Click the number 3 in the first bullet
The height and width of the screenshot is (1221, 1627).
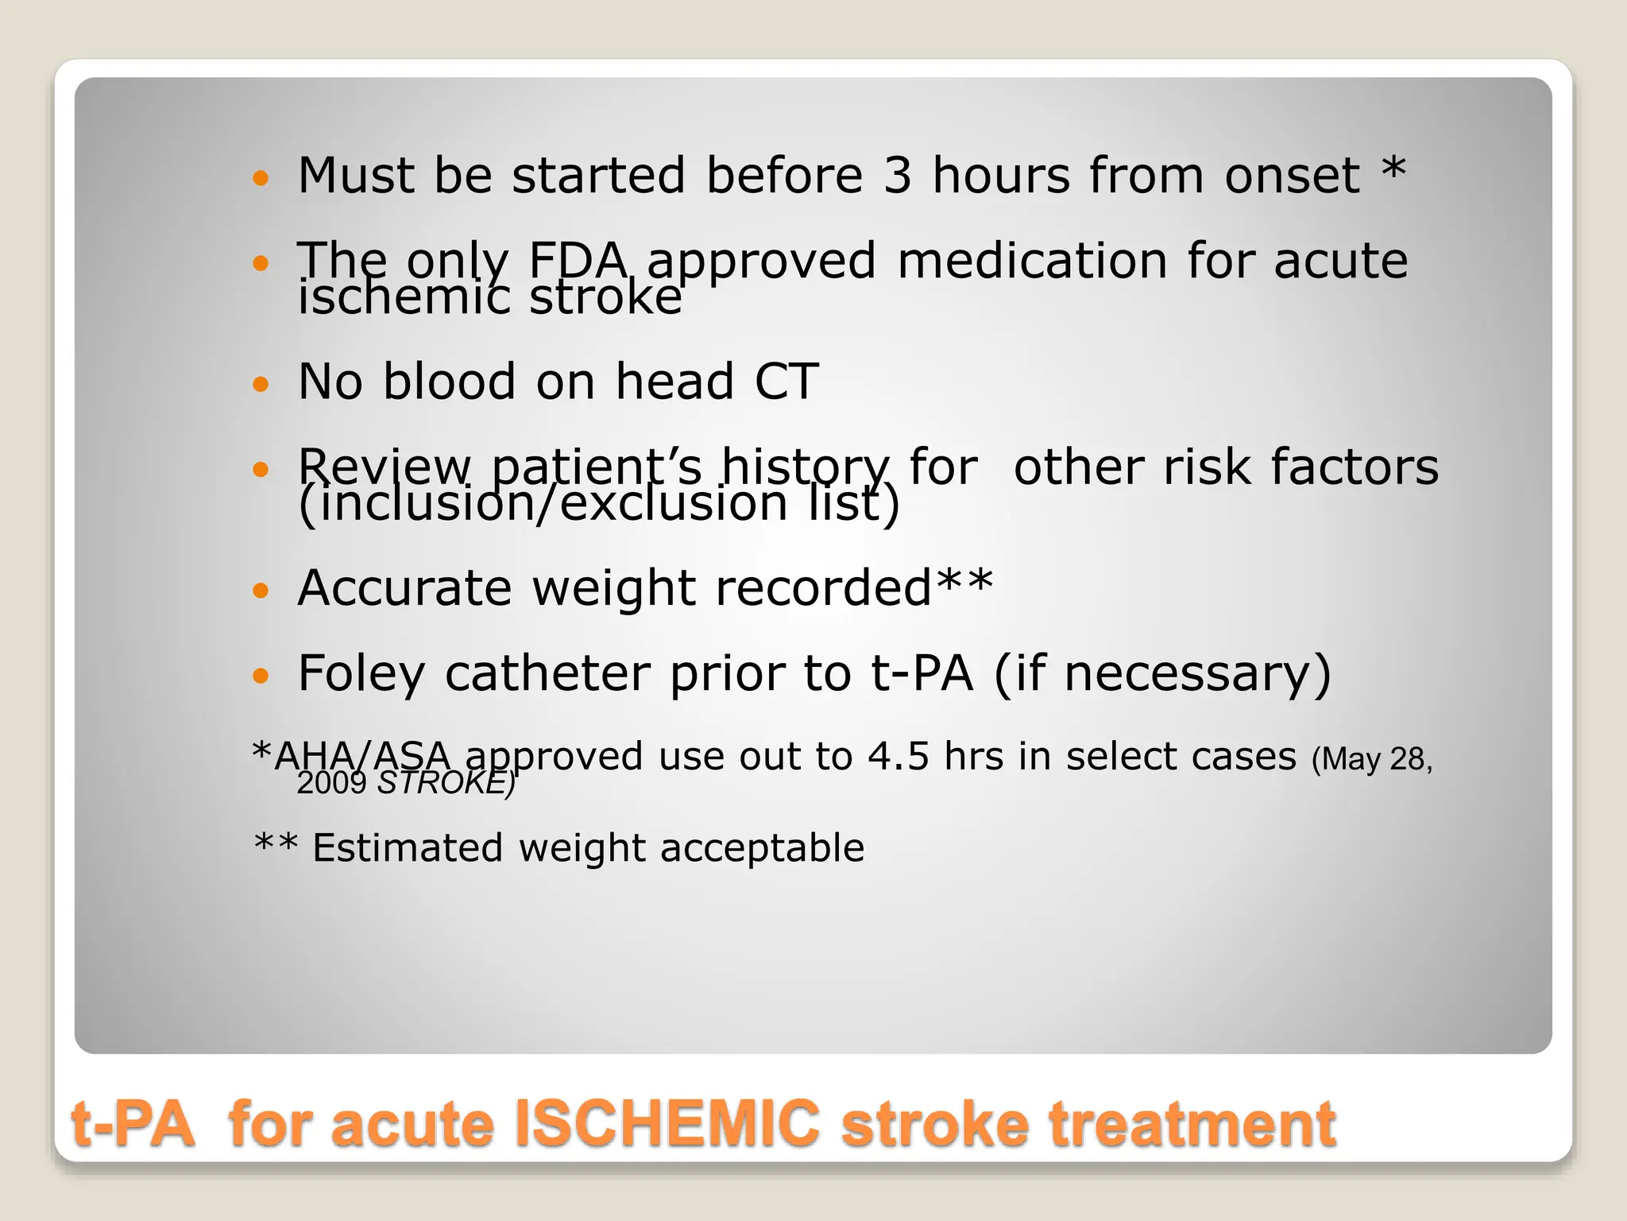(x=897, y=176)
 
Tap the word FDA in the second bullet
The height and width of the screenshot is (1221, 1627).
(x=578, y=261)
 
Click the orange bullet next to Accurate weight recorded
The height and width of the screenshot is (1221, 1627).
(x=261, y=591)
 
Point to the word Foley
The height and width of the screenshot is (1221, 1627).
(x=361, y=674)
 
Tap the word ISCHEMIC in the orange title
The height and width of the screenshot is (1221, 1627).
(x=667, y=1123)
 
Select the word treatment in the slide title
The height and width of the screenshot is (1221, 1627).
(x=1192, y=1123)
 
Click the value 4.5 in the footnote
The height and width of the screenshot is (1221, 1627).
(x=898, y=756)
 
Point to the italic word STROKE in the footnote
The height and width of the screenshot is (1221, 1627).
(x=443, y=784)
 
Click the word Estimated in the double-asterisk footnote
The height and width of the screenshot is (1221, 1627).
(x=408, y=847)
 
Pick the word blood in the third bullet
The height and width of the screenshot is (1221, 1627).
(x=449, y=382)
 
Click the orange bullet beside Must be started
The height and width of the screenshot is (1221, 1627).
(x=261, y=177)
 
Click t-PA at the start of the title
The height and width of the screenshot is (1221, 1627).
(x=133, y=1123)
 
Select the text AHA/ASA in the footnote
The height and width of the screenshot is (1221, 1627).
(x=362, y=756)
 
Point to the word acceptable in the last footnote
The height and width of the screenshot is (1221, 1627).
(x=762, y=847)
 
